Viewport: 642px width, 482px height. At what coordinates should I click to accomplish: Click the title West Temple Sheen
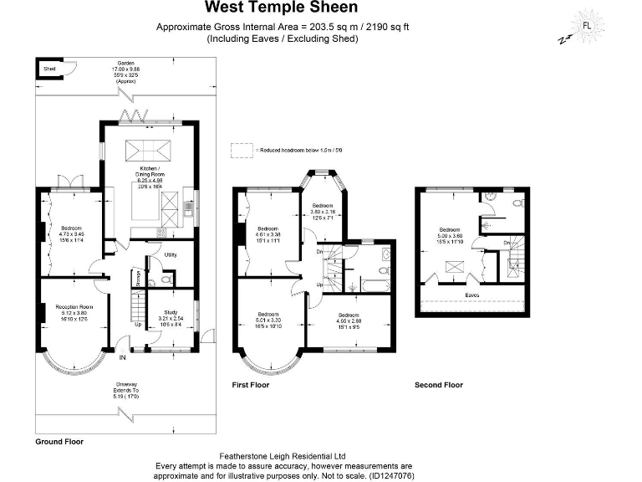[282, 8]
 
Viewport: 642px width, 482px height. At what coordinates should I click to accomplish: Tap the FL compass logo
[586, 25]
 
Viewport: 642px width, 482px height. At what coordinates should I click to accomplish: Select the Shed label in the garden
[49, 68]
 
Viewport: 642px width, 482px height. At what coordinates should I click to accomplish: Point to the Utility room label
[170, 254]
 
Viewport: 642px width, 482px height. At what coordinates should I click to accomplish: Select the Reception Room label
[74, 307]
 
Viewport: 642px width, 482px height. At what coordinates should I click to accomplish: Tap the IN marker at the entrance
[122, 357]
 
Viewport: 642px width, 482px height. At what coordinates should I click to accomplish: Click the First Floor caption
[250, 385]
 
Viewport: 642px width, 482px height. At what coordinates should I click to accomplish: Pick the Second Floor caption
[438, 385]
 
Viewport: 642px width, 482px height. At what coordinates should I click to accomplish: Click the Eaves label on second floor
[472, 295]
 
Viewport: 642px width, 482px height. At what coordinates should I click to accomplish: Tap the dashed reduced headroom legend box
[242, 150]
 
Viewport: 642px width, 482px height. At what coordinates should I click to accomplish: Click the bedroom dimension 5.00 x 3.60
[450, 236]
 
